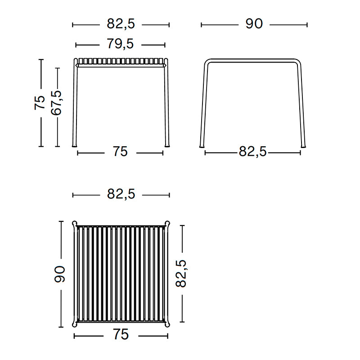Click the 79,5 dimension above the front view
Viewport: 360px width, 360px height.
point(120,44)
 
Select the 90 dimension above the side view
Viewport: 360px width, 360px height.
point(254,24)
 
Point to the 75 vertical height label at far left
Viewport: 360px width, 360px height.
point(40,103)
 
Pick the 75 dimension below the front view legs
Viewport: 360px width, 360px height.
point(120,152)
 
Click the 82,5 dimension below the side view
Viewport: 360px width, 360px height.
point(253,152)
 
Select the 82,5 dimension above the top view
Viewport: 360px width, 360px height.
point(121,194)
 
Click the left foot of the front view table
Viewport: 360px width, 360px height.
point(75,145)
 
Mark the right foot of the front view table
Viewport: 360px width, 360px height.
point(167,145)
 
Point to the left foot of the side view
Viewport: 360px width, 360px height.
point(202,145)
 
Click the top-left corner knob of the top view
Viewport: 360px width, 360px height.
point(75,223)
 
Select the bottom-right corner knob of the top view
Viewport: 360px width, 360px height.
point(168,324)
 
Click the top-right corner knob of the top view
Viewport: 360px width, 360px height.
point(168,223)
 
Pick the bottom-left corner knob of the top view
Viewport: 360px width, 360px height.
point(75,324)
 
